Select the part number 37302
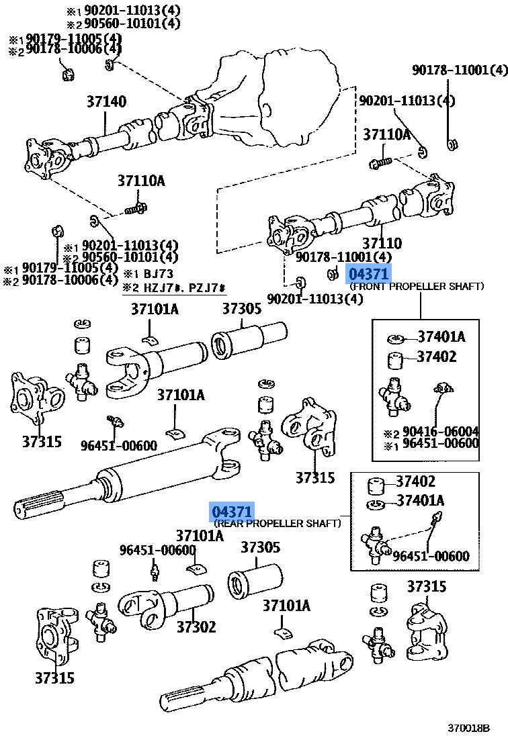pos(196,626)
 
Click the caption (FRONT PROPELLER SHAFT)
pos(417,287)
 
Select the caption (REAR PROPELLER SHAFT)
pos(278,523)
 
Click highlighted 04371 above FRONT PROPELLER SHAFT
pos(368,274)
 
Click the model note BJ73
pos(157,274)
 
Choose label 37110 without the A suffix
pos(382,244)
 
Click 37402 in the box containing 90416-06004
pos(436,357)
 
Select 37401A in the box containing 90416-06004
pos(441,337)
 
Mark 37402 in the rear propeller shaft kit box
pos(415,481)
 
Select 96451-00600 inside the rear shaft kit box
pos(431,556)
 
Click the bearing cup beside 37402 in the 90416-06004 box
pos(396,360)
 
